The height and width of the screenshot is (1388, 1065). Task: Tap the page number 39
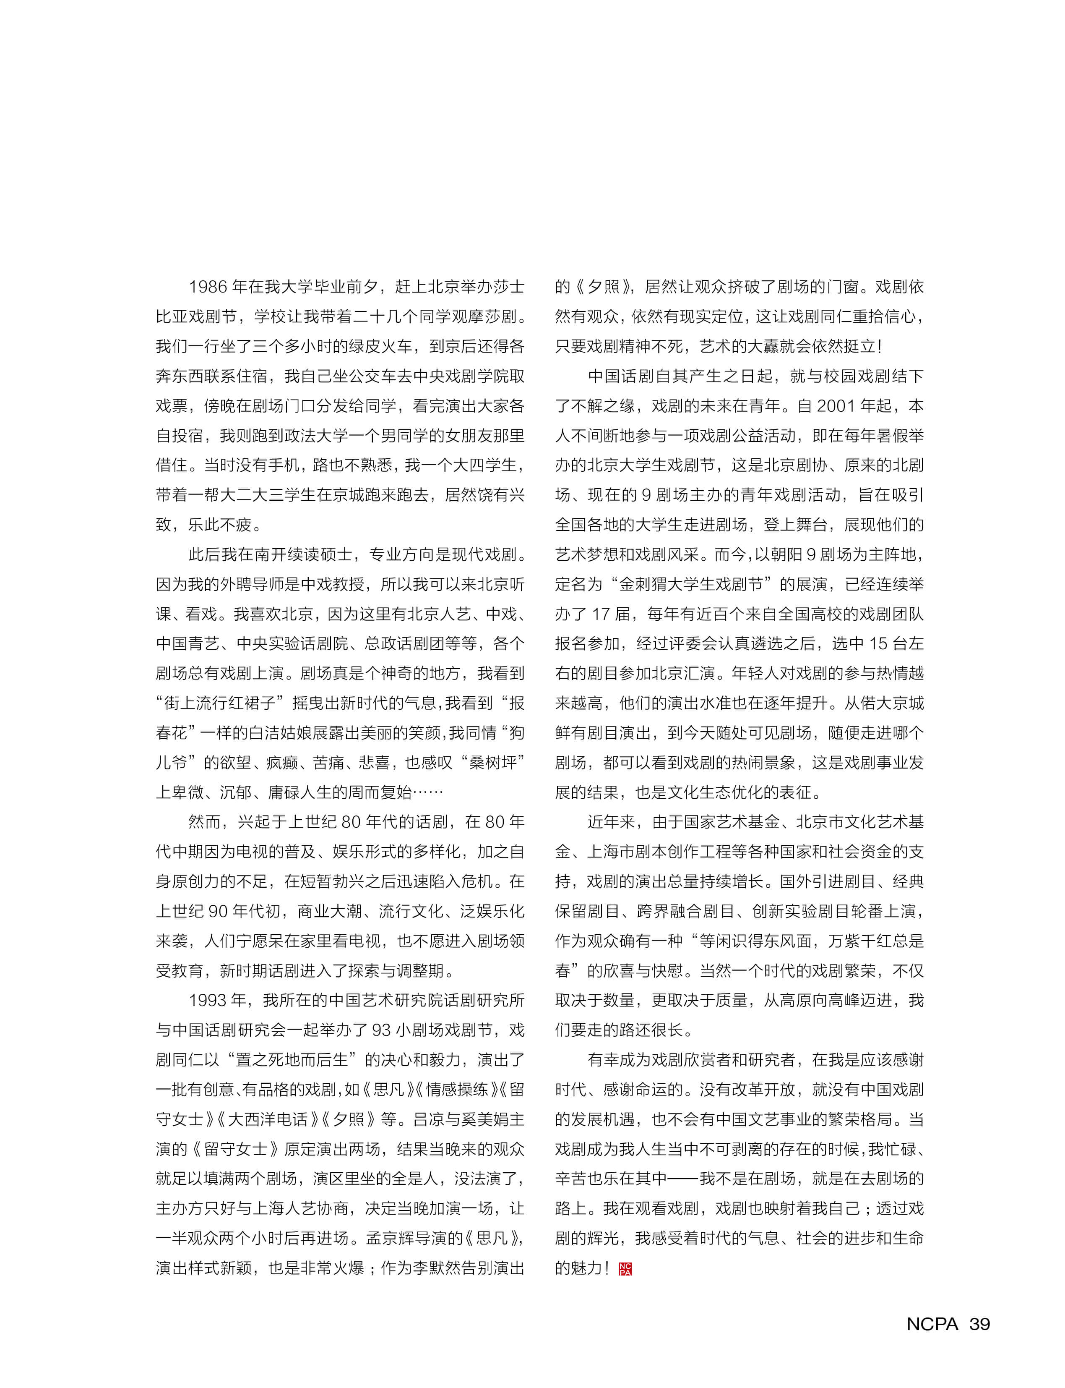coord(979,1323)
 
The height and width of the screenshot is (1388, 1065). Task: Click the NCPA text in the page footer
coord(932,1323)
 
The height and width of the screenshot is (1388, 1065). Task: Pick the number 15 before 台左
coord(878,643)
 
